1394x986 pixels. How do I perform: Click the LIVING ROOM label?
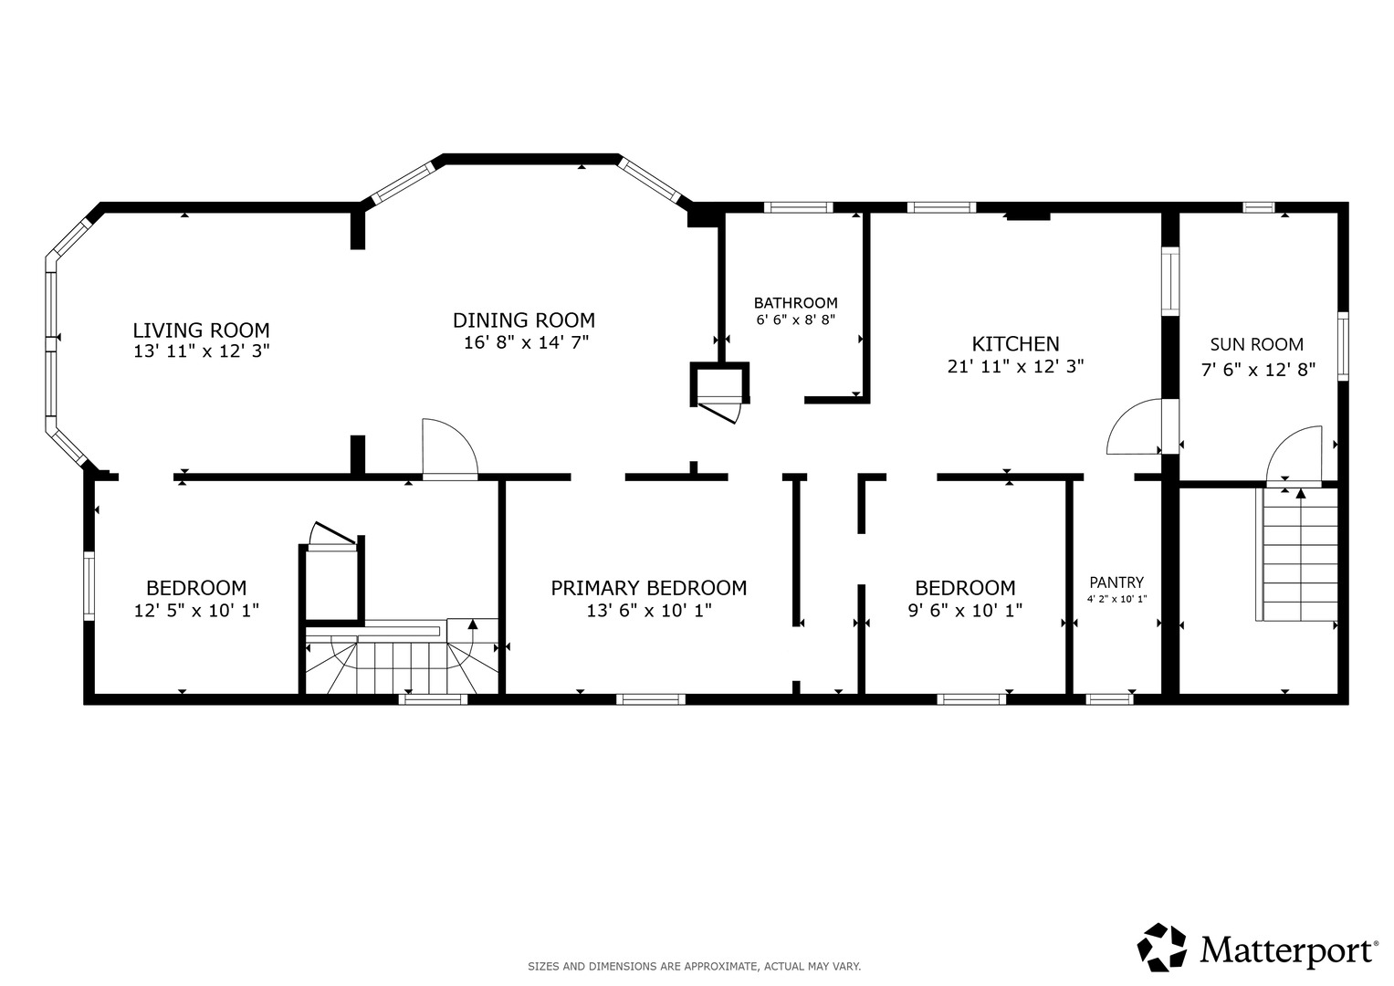click(201, 330)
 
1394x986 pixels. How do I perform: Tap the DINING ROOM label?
click(524, 320)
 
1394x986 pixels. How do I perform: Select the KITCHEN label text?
click(1016, 344)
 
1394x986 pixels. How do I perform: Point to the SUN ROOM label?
click(1256, 344)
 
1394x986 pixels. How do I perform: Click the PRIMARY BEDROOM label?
click(648, 588)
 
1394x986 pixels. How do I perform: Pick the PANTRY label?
click(1116, 582)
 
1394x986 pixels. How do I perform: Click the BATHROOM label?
click(795, 303)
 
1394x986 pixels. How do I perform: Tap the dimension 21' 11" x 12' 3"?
click(1016, 367)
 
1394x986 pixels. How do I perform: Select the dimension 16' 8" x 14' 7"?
click(526, 342)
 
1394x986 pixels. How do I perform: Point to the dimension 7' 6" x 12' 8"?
click(1258, 371)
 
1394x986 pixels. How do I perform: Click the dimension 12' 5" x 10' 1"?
click(196, 611)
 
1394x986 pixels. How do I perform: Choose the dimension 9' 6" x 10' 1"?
click(965, 611)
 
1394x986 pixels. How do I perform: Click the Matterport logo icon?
click(1161, 947)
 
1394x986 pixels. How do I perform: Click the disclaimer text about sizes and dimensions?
click(695, 967)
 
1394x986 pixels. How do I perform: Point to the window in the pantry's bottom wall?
click(1109, 699)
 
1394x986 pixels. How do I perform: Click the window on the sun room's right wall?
click(1343, 346)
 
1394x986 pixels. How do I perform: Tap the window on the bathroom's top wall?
click(799, 207)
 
